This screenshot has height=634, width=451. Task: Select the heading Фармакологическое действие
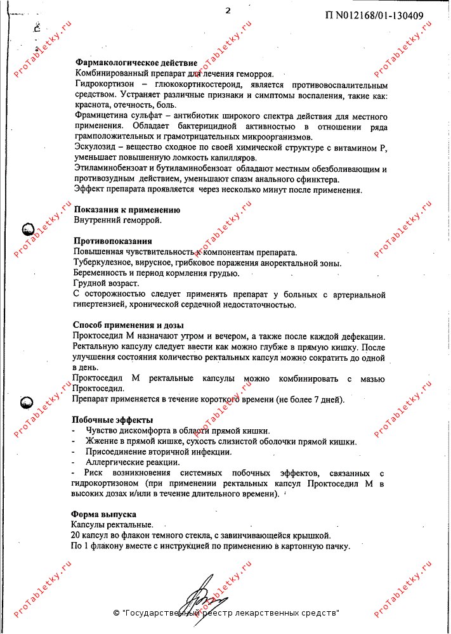tap(136, 63)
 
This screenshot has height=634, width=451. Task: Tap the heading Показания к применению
tap(127, 210)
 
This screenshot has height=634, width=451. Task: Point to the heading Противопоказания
tap(113, 241)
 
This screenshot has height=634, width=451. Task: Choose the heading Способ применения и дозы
tap(133, 325)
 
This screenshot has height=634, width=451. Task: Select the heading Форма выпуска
tap(104, 514)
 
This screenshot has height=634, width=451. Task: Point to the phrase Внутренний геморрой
tap(117, 221)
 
